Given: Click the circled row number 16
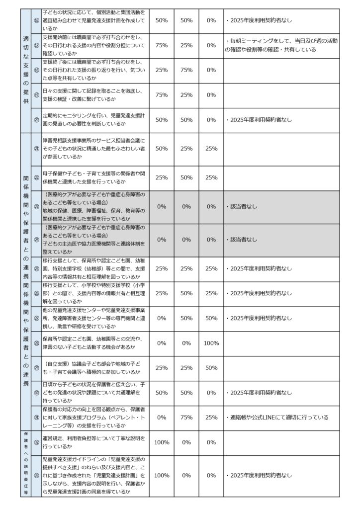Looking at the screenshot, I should pyautogui.click(x=36, y=21).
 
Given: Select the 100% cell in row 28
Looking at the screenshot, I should pyautogui.click(x=211, y=343).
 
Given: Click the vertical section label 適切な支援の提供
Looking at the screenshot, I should pyautogui.click(x=26, y=70).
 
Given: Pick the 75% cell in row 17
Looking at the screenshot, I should pyautogui.click(x=161, y=45).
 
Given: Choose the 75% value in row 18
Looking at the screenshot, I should pyautogui.click(x=186, y=70).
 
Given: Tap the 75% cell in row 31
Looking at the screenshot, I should pyautogui.click(x=186, y=417).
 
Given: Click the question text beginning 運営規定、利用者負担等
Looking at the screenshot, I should pyautogui.click(x=94, y=442).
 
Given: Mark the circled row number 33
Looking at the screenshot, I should pyautogui.click(x=36, y=476).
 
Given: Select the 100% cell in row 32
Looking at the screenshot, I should pyautogui.click(x=161, y=442).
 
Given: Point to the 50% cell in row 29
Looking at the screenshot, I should pyautogui.click(x=211, y=368).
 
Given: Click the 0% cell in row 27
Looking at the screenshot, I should pyautogui.click(x=161, y=318).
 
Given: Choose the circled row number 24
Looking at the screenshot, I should pyautogui.click(x=36, y=239).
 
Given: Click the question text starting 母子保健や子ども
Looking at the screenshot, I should pyautogui.click(x=94, y=177).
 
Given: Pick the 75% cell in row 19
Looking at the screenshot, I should pyautogui.click(x=161, y=95).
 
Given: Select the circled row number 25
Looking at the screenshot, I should pyautogui.click(x=36, y=268).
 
